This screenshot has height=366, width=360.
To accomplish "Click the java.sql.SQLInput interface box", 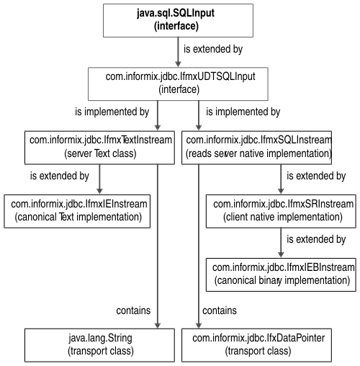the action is click(x=178, y=20).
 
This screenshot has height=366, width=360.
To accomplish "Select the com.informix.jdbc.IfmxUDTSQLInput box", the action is click(x=178, y=84).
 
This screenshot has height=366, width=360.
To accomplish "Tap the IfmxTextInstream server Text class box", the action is click(x=99, y=148).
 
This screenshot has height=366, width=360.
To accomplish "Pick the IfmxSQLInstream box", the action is click(x=256, y=148).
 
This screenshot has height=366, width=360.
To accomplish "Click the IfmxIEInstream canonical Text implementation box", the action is click(x=77, y=211).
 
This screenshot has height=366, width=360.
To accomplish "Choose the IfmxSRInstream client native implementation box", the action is click(x=281, y=211).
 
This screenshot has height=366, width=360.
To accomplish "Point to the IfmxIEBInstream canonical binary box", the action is click(x=281, y=274).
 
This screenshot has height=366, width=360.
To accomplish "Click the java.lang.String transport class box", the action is click(x=99, y=345).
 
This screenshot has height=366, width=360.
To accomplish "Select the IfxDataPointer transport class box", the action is click(x=256, y=345).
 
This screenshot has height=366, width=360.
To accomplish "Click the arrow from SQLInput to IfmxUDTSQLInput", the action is click(x=178, y=52).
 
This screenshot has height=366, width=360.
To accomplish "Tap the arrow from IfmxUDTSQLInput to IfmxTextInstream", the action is click(x=158, y=115).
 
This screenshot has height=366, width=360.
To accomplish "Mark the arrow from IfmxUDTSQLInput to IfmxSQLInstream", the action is click(x=199, y=115).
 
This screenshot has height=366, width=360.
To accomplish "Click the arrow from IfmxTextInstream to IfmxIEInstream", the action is click(x=99, y=179).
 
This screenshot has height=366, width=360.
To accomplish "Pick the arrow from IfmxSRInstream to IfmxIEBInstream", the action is click(x=281, y=243).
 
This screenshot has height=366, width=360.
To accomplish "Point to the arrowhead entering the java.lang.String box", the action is click(x=158, y=326).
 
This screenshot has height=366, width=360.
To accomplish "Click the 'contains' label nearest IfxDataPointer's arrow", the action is click(x=220, y=311).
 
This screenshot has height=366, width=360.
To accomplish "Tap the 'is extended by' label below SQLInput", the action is click(x=213, y=49).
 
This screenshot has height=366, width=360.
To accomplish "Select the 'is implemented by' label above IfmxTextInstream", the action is click(x=112, y=112).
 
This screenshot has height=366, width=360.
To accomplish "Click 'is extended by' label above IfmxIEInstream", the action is click(x=60, y=176).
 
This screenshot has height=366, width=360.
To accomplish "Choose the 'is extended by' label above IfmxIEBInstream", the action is click(x=316, y=239).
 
